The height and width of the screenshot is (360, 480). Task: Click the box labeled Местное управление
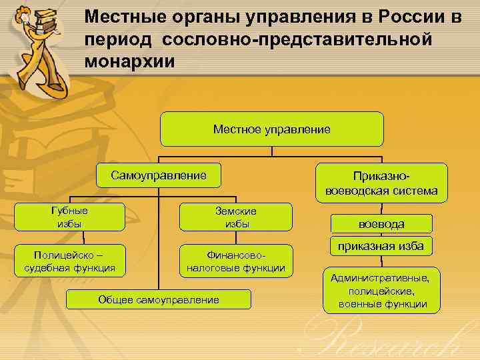[271, 129]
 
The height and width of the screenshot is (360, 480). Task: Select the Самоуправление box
[158, 176]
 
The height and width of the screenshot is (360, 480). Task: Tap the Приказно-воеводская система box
[381, 183]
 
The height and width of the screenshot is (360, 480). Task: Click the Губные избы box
[69, 217]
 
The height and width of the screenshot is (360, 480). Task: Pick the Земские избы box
[236, 217]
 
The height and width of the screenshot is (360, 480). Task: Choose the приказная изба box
[381, 247]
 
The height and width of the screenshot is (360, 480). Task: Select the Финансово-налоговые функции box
[236, 261]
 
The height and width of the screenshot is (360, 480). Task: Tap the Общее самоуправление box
[159, 300]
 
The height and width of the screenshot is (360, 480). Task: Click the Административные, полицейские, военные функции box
[382, 290]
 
